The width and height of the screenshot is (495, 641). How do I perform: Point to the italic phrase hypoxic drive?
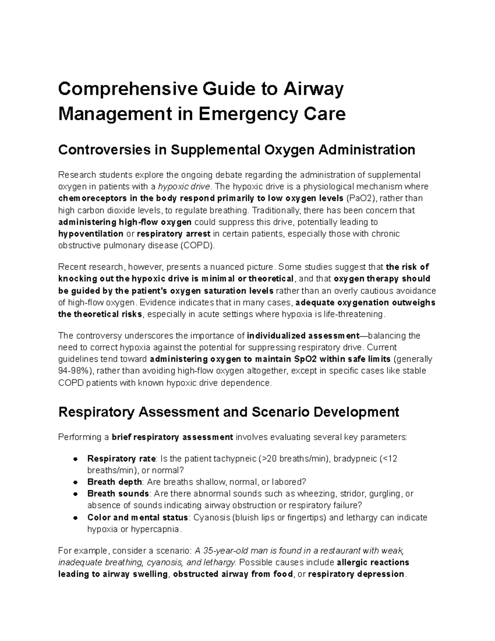point(184,187)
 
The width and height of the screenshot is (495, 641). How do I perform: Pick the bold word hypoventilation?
point(91,234)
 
